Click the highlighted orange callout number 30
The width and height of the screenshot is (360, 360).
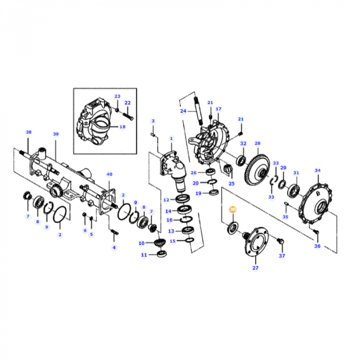point(232,210)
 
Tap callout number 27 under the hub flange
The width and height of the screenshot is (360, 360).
point(256,267)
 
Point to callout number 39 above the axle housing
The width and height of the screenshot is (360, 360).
point(56,134)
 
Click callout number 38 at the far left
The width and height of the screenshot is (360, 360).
point(29,132)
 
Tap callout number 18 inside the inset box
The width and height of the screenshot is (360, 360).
point(122,127)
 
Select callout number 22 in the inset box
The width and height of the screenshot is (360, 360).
point(128,103)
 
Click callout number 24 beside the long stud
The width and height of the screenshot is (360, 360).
point(183,111)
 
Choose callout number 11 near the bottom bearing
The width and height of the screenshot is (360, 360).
point(144,255)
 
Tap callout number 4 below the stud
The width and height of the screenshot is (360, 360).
point(114,247)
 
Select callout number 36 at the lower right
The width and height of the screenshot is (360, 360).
point(317,246)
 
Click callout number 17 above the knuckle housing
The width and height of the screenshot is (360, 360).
point(218,109)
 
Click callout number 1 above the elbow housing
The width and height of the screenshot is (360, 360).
point(171,138)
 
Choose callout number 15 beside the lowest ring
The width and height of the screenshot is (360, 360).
point(173,241)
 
